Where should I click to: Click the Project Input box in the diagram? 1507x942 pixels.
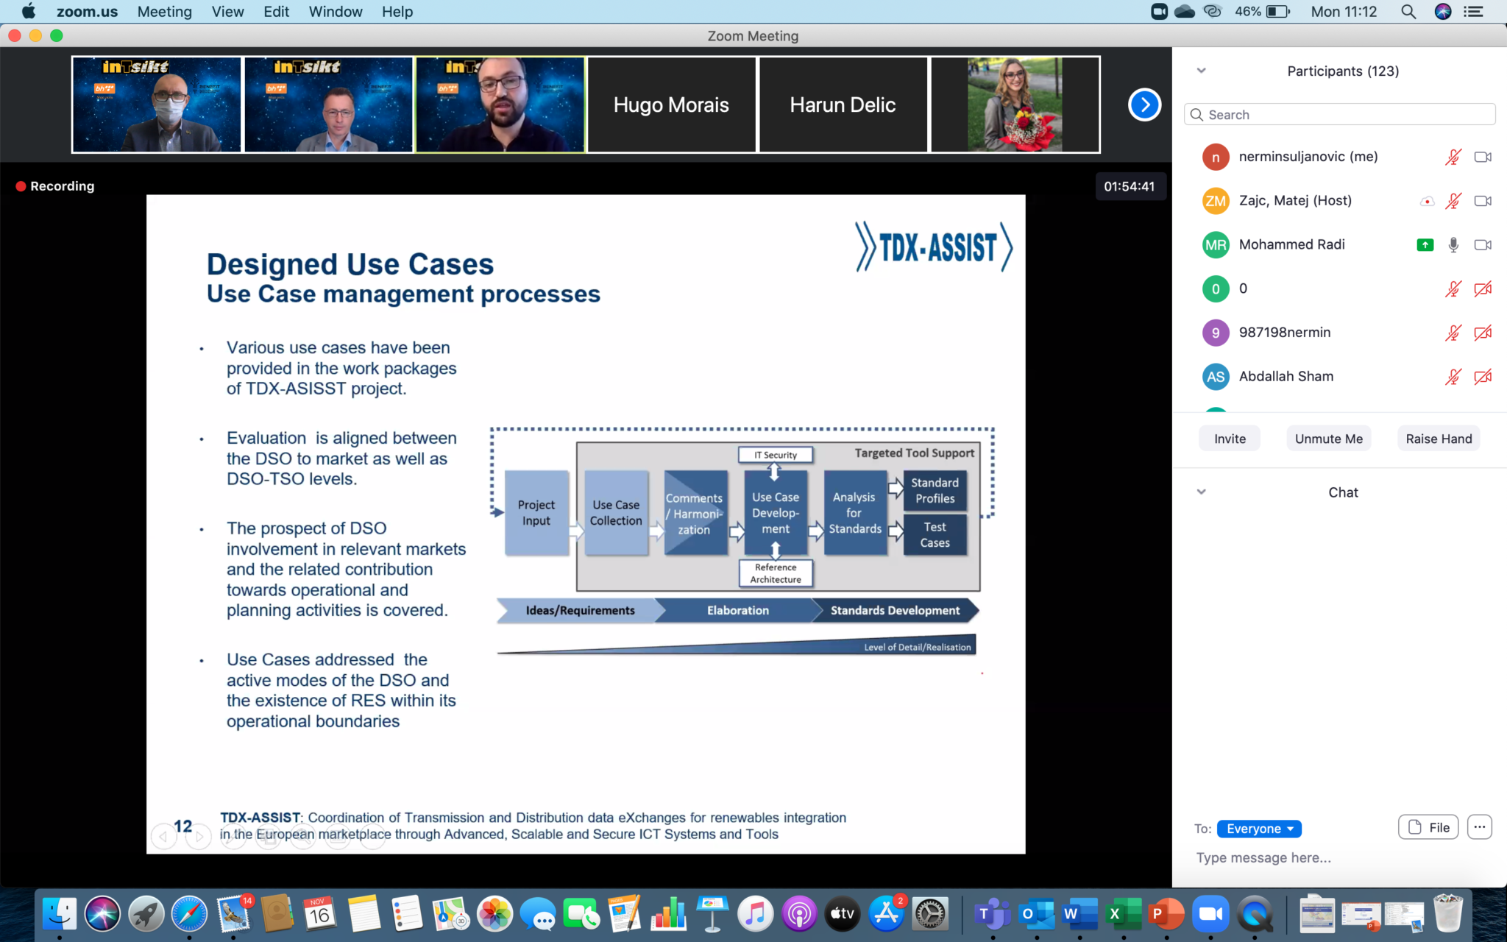[536, 512]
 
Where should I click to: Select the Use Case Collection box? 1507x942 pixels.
[616, 512]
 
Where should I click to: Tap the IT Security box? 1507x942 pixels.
[776, 455]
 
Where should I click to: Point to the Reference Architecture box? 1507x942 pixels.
[776, 573]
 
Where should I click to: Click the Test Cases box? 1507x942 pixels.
[935, 535]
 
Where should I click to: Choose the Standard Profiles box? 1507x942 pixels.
[935, 491]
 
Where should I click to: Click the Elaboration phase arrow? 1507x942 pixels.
[737, 610]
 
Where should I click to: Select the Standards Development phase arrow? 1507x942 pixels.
[895, 610]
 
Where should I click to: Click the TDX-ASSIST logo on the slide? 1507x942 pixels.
[934, 247]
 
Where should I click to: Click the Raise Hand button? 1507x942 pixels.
[1439, 439]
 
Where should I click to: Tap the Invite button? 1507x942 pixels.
[1230, 439]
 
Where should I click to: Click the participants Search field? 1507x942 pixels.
[1340, 115]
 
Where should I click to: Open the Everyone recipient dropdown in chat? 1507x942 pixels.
[1259, 829]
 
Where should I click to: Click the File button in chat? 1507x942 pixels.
[1428, 827]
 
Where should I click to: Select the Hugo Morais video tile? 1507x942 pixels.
[671, 105]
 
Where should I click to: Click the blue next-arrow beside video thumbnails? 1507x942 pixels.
[1144, 105]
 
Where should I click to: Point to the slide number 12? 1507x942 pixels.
[183, 826]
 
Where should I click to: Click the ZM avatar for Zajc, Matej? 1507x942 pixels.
[1216, 201]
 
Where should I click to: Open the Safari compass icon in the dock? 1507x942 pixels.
[190, 914]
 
